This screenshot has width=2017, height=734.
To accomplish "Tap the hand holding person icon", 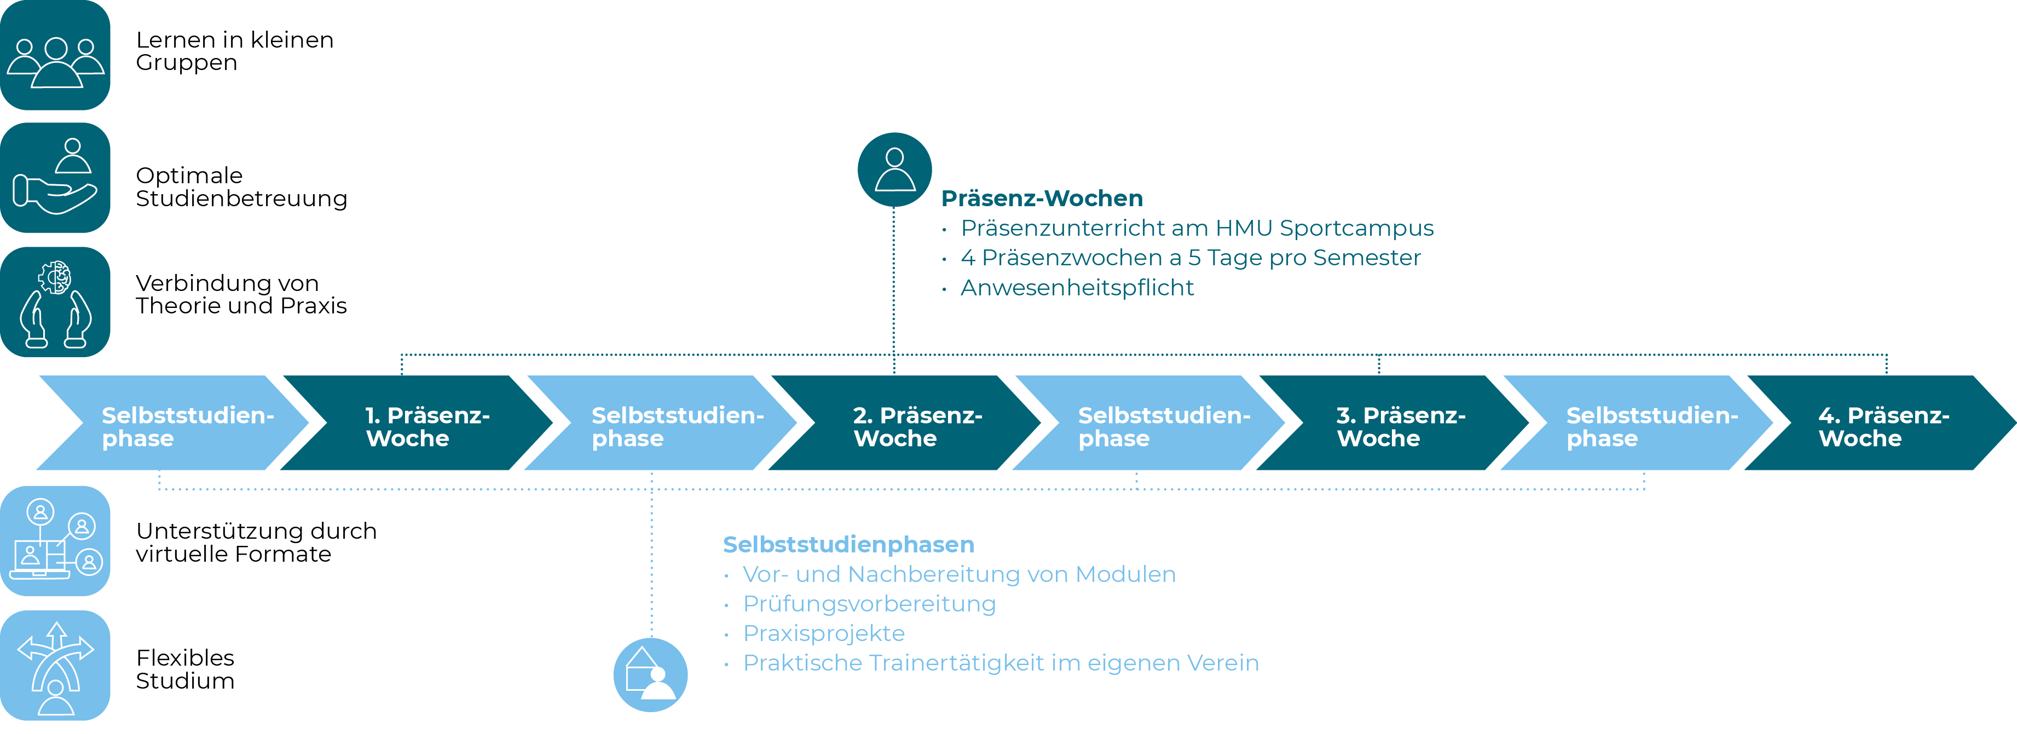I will tap(55, 178).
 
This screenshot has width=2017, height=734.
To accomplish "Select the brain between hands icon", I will tap(55, 302).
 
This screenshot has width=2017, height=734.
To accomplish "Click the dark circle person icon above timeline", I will tap(894, 169).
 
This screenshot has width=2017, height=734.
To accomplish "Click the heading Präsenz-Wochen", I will tap(1042, 198).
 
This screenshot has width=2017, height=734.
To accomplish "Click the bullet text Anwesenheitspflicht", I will tap(1077, 288).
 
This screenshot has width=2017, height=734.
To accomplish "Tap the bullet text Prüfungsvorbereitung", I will tap(869, 604).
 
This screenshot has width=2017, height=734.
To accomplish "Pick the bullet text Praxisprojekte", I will tap(824, 633).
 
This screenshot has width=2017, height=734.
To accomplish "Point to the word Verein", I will tap(1222, 663).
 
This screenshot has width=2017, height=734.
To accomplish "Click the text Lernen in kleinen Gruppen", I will tap(234, 51).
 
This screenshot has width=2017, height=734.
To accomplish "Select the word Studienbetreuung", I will tap(241, 199).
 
